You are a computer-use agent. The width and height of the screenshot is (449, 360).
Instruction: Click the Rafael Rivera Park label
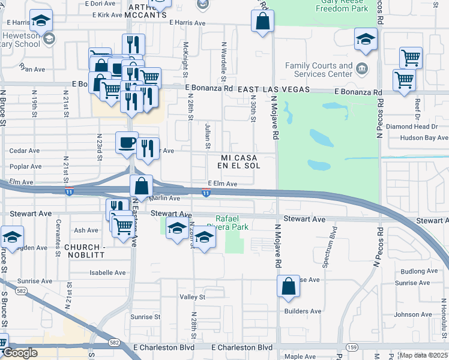232,222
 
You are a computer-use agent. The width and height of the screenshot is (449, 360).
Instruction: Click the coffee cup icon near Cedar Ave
126,142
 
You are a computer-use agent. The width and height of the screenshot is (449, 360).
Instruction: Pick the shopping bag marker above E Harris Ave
263,22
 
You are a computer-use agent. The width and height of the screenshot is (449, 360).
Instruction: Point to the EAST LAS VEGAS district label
273,89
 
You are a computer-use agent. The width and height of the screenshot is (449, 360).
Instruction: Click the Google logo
19,353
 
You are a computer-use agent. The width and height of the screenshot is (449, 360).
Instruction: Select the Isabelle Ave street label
107,272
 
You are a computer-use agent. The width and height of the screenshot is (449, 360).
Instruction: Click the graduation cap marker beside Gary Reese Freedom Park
365,40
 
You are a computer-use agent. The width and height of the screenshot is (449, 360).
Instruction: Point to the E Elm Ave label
223,184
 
